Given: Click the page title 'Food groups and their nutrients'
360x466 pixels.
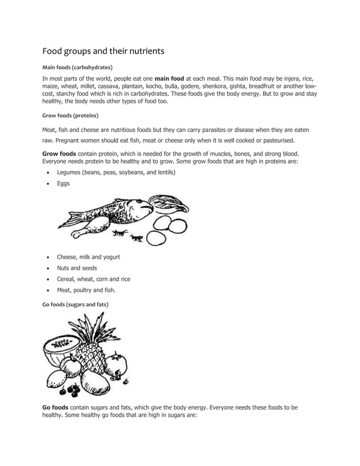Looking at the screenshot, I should click(x=103, y=51).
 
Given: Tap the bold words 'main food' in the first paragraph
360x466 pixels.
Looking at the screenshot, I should click(x=169, y=78).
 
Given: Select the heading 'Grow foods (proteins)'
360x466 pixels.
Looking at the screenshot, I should click(x=71, y=116).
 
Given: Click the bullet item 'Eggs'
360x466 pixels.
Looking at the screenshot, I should click(x=63, y=183).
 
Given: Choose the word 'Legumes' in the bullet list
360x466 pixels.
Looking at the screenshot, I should click(x=68, y=172).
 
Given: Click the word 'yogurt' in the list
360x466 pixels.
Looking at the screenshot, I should click(x=110, y=257).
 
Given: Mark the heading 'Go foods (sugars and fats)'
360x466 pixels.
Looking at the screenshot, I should click(x=76, y=304).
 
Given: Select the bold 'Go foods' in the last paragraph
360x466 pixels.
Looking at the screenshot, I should click(x=55, y=407).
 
